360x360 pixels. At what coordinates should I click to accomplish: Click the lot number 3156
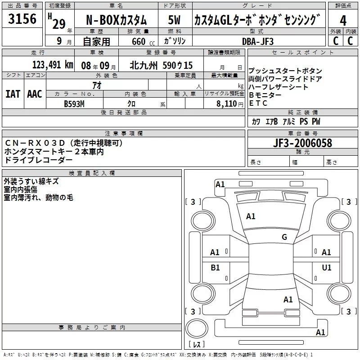[22, 19]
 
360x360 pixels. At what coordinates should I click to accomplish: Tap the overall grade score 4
[343, 20]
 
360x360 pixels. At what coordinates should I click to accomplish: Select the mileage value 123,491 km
[53, 65]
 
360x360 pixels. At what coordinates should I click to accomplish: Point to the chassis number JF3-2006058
[303, 143]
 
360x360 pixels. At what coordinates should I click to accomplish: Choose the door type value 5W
[174, 20]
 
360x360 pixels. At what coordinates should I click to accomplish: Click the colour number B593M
[74, 103]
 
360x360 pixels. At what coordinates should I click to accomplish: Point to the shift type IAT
[13, 94]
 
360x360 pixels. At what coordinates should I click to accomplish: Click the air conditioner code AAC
[34, 94]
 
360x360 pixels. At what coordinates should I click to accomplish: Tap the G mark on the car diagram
[284, 237]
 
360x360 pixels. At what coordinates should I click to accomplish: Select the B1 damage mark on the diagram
[215, 268]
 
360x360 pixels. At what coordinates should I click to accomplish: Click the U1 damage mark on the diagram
[326, 268]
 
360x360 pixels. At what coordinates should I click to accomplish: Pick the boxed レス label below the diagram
[197, 345]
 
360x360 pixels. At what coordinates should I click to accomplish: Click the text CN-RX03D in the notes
[35, 143]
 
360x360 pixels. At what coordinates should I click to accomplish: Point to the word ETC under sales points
[258, 103]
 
